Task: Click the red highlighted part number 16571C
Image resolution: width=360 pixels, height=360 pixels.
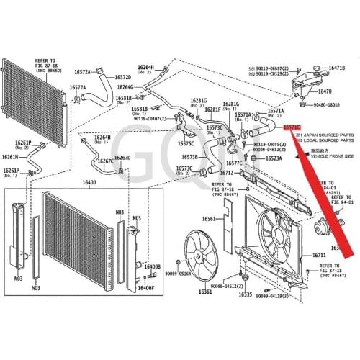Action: [x=291, y=127]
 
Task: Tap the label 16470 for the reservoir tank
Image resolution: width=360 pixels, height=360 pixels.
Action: [x=325, y=92]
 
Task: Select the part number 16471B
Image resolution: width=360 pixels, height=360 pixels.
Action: [x=337, y=68]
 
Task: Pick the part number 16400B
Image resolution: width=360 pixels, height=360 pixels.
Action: [x=152, y=267]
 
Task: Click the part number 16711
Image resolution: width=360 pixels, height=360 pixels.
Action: [x=319, y=256]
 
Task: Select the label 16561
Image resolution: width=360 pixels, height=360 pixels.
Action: [x=209, y=219]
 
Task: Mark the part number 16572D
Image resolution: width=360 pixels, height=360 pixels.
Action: [x=123, y=76]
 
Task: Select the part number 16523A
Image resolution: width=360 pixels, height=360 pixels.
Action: [x=274, y=158]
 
